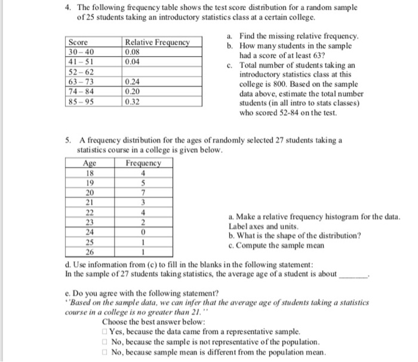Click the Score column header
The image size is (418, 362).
pyautogui.click(x=79, y=43)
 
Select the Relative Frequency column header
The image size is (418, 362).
pyautogui.click(x=156, y=43)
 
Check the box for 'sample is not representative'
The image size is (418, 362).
pyautogui.click(x=105, y=342)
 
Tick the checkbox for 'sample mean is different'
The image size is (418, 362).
pyautogui.click(x=105, y=352)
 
